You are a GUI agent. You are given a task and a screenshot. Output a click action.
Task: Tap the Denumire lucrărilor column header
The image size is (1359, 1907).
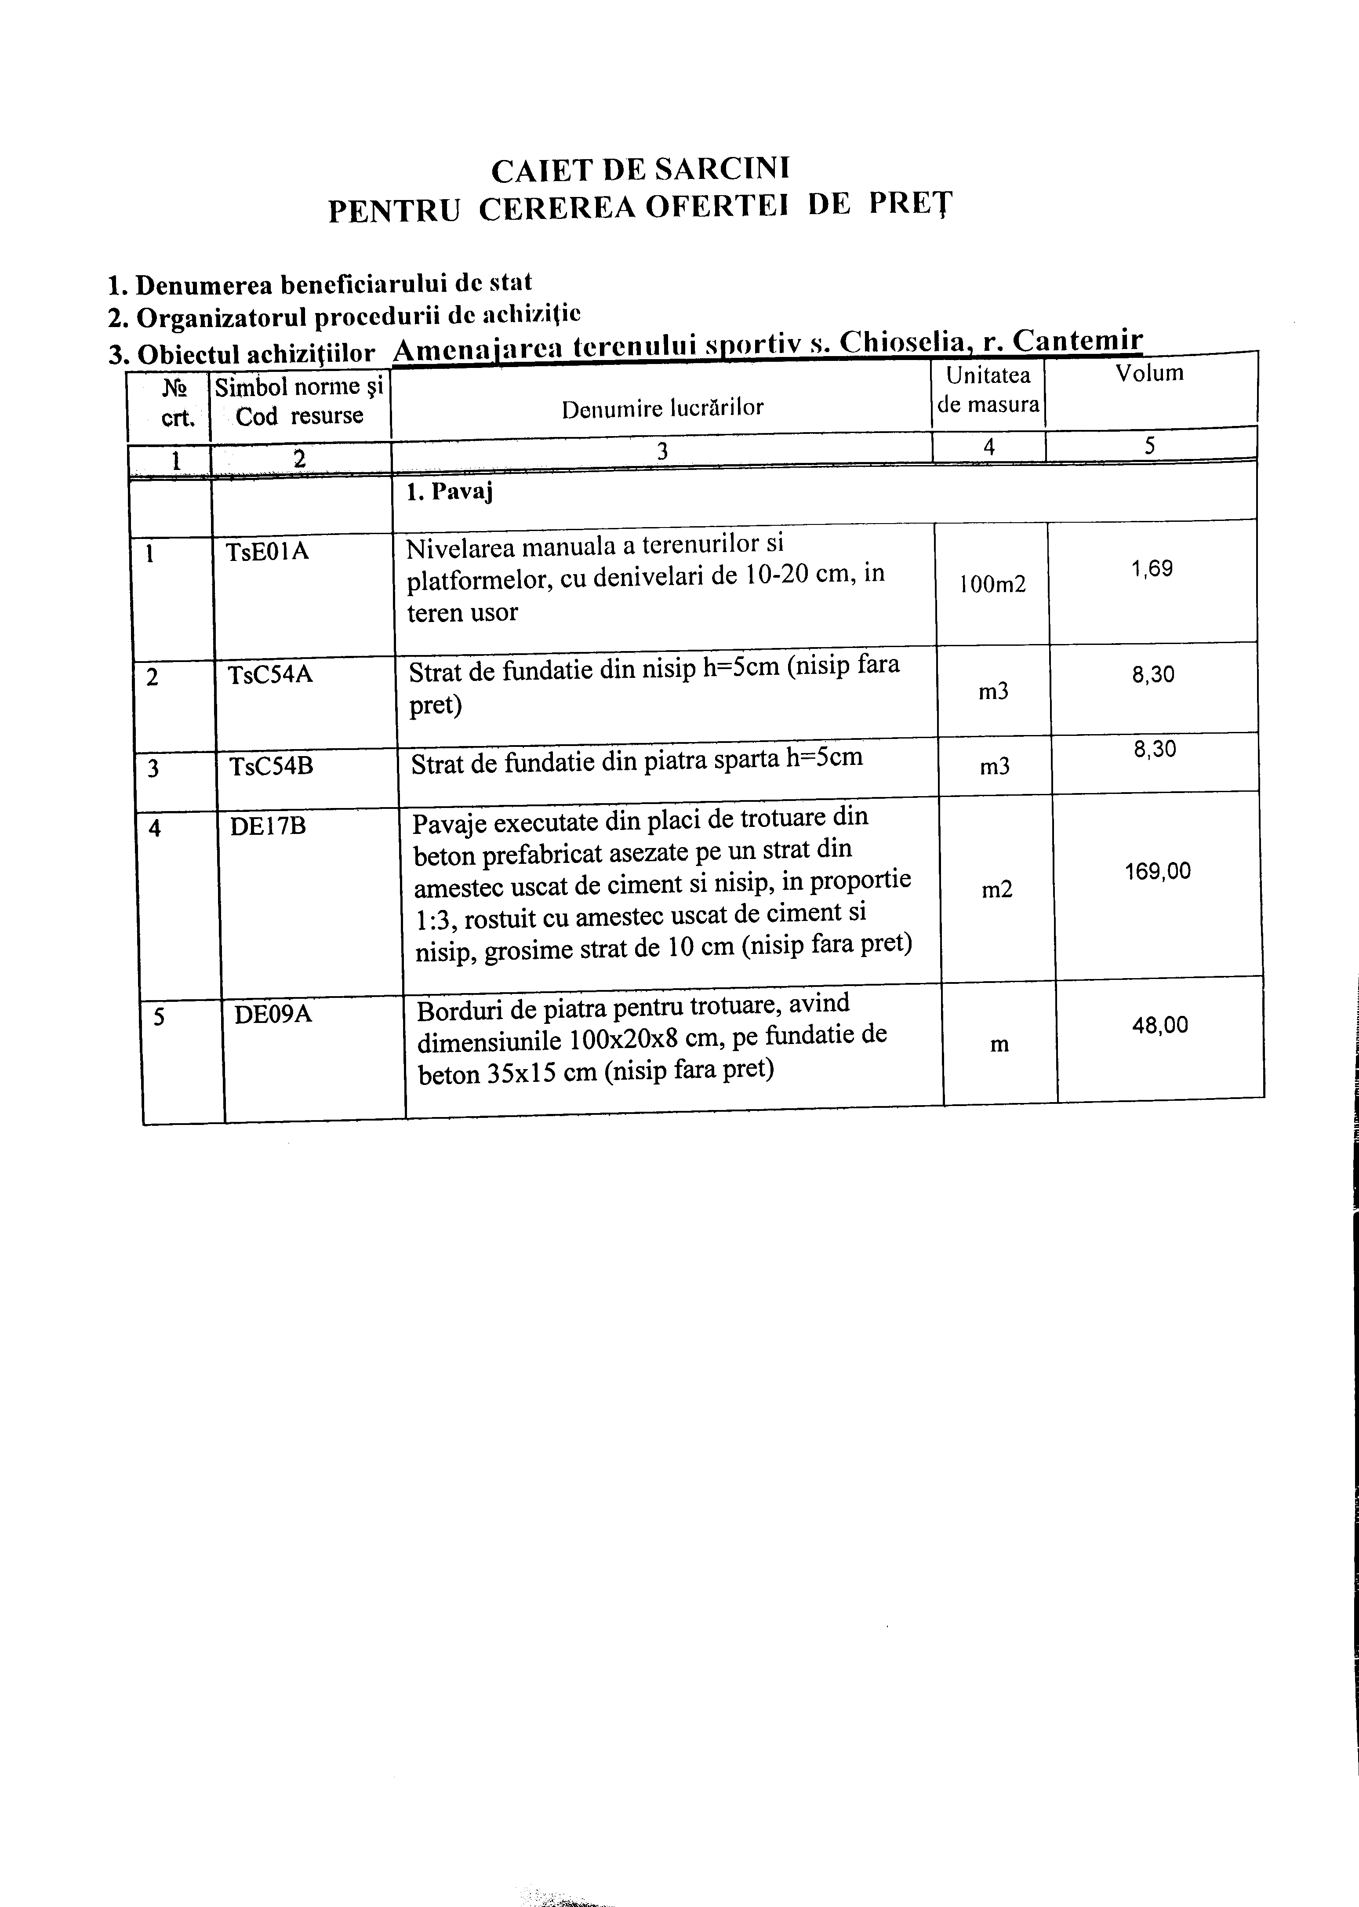click(662, 408)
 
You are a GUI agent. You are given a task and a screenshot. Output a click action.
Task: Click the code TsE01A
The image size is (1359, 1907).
click(267, 551)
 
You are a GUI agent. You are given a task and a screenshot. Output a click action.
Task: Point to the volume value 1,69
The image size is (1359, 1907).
click(1152, 570)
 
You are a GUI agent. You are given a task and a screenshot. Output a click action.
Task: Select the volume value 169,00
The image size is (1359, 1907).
click(1157, 872)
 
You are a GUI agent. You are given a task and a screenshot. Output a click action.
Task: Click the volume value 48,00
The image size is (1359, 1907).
click(1160, 1025)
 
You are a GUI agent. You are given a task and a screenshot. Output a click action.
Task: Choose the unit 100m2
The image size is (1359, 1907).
click(992, 585)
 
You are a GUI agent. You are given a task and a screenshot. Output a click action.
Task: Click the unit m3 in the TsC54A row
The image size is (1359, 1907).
click(993, 691)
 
